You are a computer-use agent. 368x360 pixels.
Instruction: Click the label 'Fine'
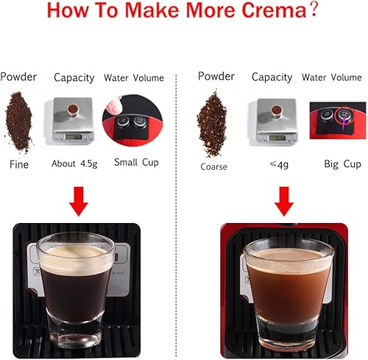pyautogui.click(x=19, y=164)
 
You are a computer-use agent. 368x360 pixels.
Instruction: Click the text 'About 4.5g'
pyautogui.click(x=73, y=164)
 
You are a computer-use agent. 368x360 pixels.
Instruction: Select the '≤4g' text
pyautogui.click(x=270, y=164)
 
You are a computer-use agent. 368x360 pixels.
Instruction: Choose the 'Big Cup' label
pyautogui.click(x=342, y=164)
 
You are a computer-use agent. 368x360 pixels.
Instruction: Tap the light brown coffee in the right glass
pyautogui.click(x=283, y=280)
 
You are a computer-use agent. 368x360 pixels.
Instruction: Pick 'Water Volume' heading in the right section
pyautogui.click(x=335, y=77)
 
